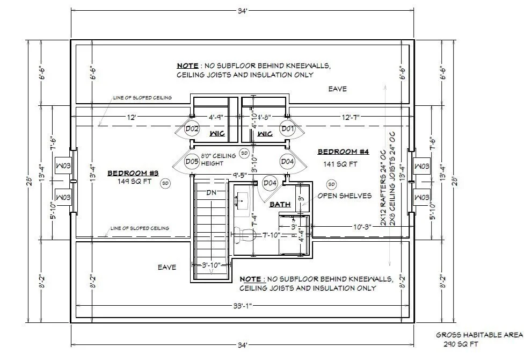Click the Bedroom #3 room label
(x=133, y=173)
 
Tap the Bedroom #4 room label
(x=343, y=152)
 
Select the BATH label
(x=280, y=204)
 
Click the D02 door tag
(x=192, y=128)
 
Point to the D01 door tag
(x=287, y=128)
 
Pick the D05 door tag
(x=192, y=161)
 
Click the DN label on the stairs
(x=212, y=192)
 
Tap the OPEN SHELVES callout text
(x=344, y=196)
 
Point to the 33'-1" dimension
(x=243, y=306)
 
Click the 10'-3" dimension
(x=362, y=227)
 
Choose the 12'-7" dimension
(x=351, y=117)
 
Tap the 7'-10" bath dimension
(x=272, y=235)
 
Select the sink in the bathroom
(x=242, y=200)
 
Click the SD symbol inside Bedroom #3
(x=165, y=183)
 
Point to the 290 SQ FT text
(x=461, y=344)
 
